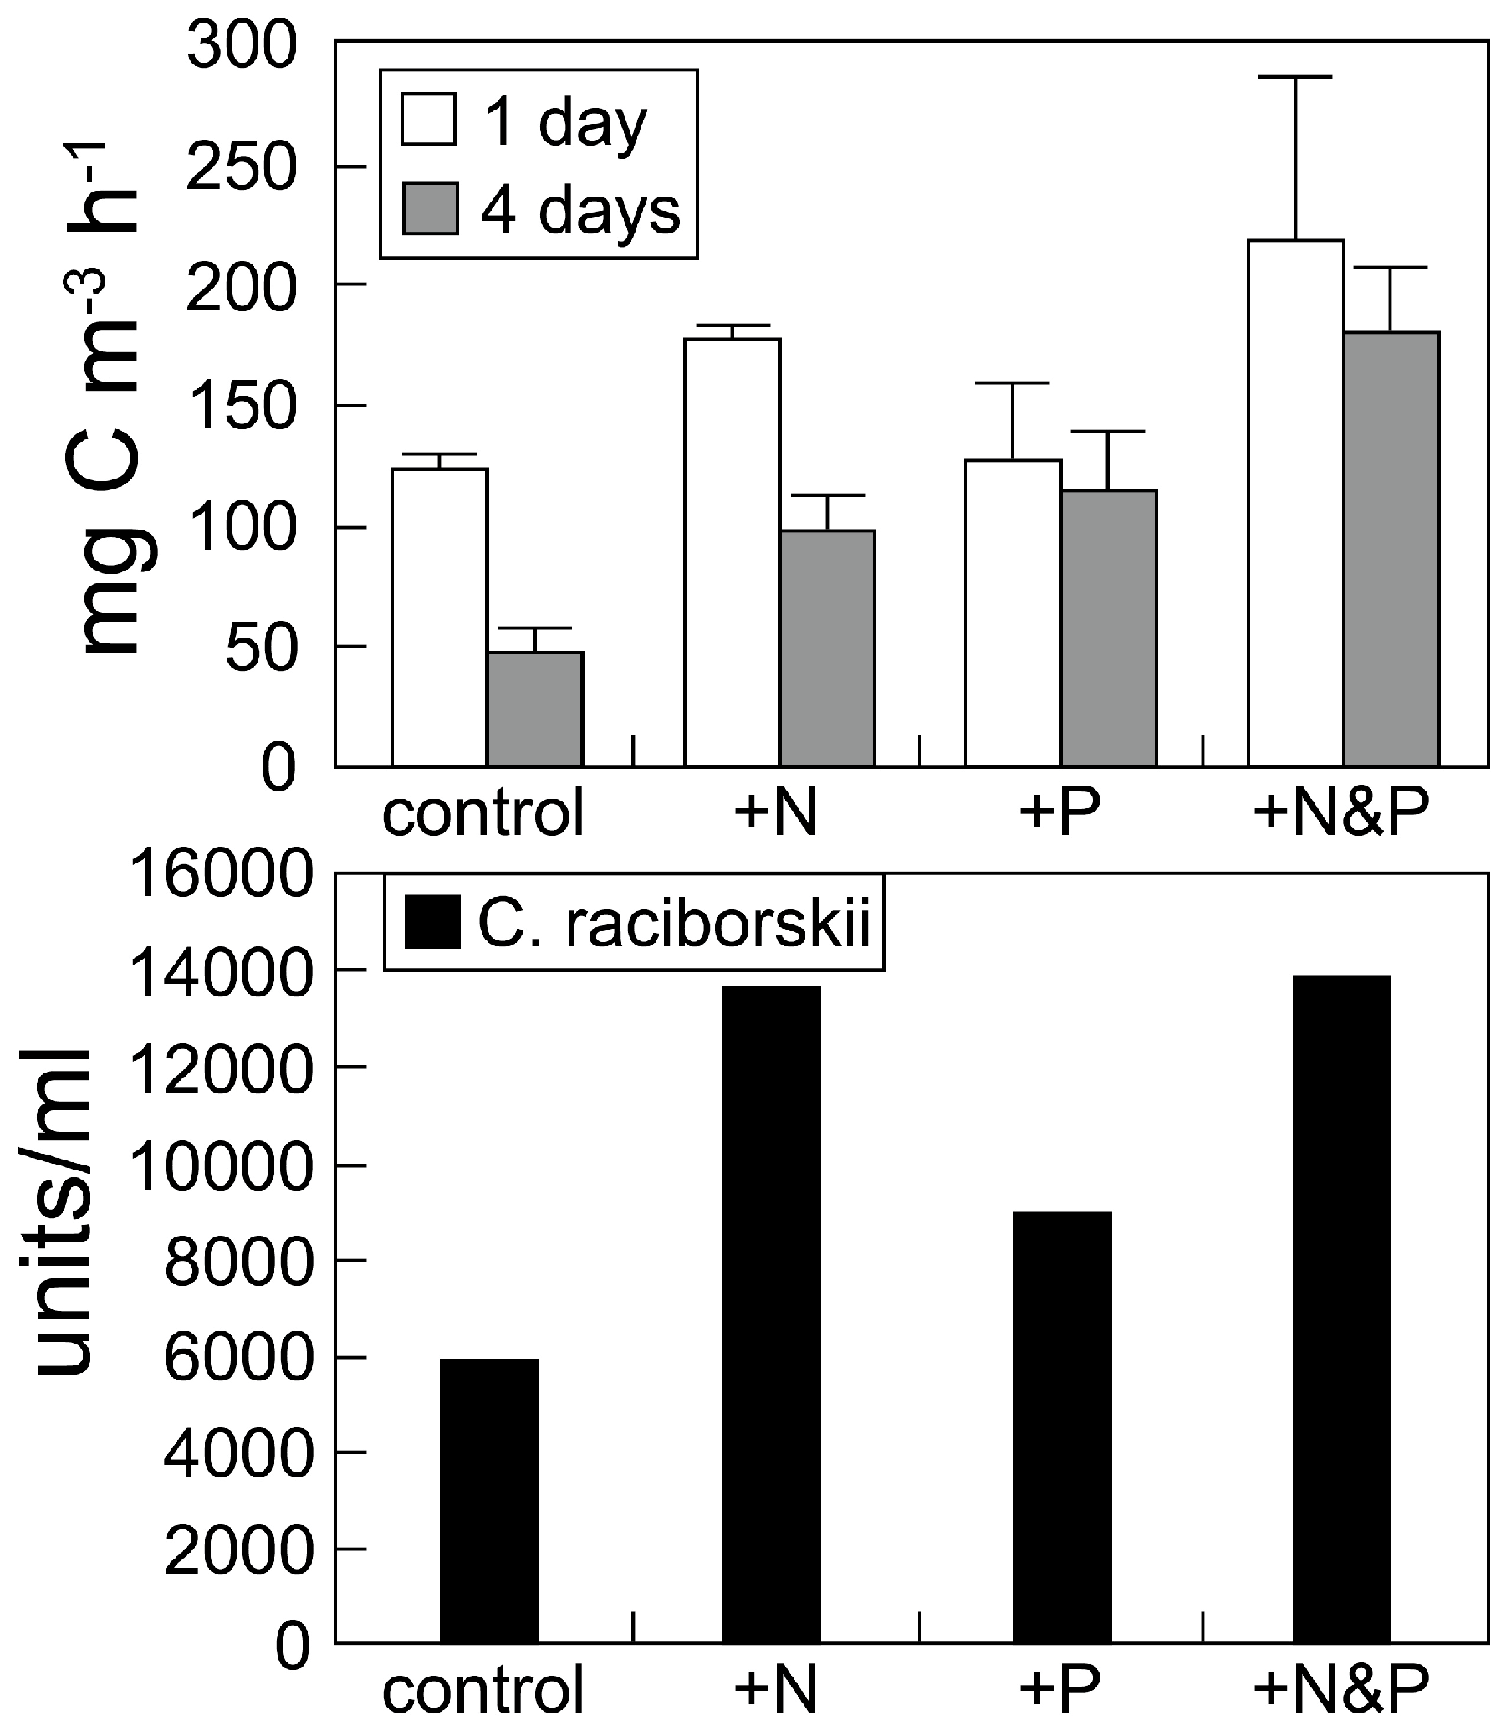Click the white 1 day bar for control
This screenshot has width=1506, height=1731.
click(440, 618)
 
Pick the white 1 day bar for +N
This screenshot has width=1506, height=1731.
click(732, 552)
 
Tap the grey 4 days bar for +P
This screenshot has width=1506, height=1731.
click(1109, 628)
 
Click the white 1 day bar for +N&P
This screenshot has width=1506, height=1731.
click(1296, 504)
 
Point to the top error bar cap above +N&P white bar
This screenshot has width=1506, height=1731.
click(1295, 76)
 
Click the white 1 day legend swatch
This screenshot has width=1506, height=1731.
click(430, 120)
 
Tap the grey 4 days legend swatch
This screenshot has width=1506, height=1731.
click(431, 208)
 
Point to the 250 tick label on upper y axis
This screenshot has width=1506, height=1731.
click(241, 167)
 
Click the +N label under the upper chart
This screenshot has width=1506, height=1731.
click(777, 813)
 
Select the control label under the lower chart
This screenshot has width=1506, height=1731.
click(483, 1689)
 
